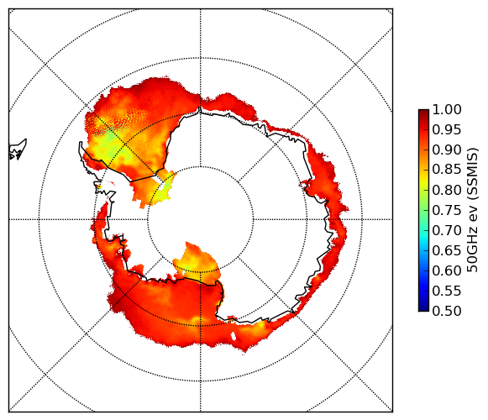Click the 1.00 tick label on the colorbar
point(447,109)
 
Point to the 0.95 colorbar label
point(447,130)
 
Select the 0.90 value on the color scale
point(447,150)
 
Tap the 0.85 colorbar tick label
point(447,170)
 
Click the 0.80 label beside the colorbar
point(447,190)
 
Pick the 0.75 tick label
point(447,211)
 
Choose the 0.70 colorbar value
point(447,230)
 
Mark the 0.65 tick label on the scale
point(447,250)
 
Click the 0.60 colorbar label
point(447,270)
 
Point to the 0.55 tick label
point(447,291)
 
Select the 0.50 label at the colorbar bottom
point(447,311)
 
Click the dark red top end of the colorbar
point(423,112)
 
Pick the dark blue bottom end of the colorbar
point(423,308)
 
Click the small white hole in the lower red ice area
point(234,337)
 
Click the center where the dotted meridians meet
point(201,219)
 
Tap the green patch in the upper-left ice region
point(109,137)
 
